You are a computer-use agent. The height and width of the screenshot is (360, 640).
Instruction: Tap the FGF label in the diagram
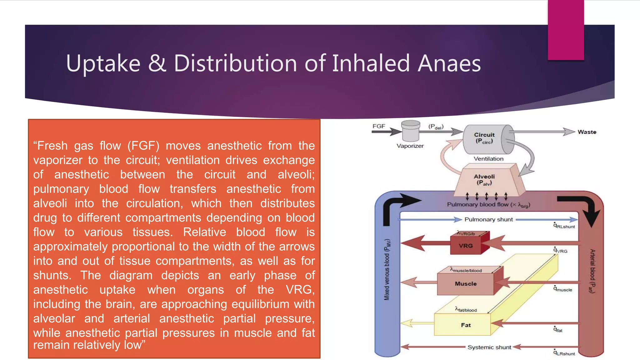point(379,126)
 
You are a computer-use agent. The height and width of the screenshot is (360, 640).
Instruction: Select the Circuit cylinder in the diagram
point(486,139)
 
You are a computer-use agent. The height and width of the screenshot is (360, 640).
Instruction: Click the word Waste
point(587,132)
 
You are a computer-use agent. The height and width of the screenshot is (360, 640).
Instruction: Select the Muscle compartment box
point(466,284)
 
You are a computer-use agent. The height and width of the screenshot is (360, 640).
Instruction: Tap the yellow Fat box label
point(466,325)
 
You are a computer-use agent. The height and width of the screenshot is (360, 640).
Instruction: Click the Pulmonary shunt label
point(488,220)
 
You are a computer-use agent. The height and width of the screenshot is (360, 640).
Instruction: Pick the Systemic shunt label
point(489,347)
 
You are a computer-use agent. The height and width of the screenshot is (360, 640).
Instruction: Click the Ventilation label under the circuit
point(488,159)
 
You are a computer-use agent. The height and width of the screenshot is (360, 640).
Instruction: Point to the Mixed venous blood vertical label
point(387,270)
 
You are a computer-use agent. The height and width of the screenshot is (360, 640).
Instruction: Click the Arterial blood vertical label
point(592,271)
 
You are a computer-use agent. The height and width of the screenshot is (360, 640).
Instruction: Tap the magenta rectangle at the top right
point(566,30)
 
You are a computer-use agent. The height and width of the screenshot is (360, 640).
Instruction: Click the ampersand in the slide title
point(157,63)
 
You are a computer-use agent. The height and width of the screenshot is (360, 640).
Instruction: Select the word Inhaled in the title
point(370,63)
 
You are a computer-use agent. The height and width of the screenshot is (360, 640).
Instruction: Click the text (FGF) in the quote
point(143,146)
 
